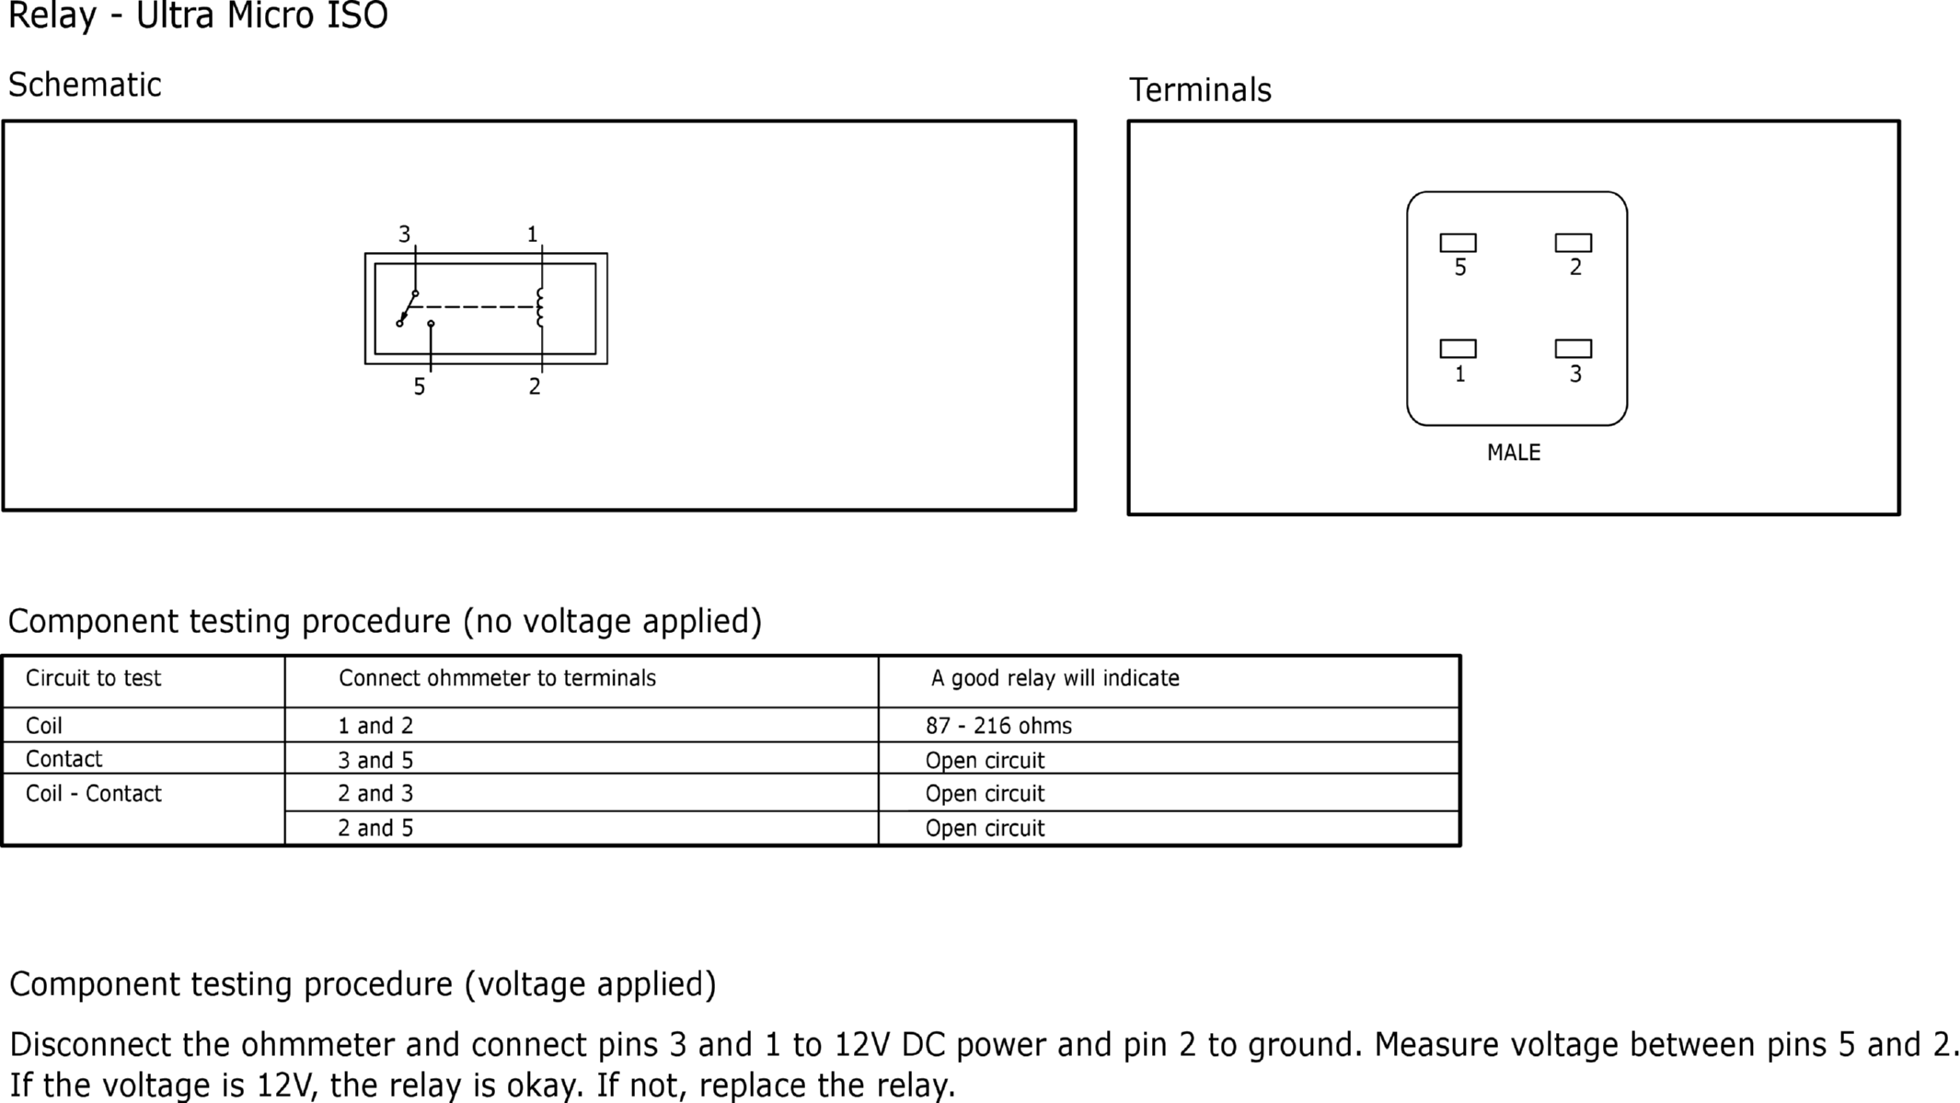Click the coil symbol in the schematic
pos(540,307)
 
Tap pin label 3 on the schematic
pos(404,235)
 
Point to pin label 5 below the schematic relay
pos(420,387)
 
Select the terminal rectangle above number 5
pos(1458,243)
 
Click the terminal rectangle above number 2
pos(1573,243)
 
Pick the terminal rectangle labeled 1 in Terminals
pos(1458,349)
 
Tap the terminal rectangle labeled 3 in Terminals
pos(1573,349)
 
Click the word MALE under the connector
pos(1514,453)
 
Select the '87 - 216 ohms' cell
pos(998,726)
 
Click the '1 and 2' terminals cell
pos(375,726)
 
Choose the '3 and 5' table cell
pos(375,760)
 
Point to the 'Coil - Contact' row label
pos(93,794)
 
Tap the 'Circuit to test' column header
pos(93,678)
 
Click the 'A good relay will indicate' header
pos(1055,678)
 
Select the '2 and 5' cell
pos(375,828)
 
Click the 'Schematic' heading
pos(85,85)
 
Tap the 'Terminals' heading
pos(1200,90)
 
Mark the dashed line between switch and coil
pos(471,306)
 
